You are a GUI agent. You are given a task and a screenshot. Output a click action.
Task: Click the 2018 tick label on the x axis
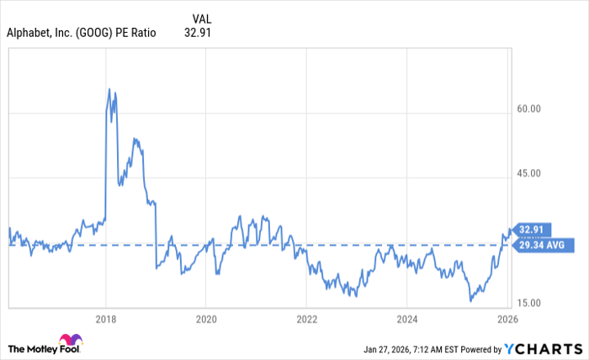(106, 320)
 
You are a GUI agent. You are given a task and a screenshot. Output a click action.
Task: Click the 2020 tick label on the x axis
(206, 320)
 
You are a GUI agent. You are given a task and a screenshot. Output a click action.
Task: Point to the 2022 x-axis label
(306, 320)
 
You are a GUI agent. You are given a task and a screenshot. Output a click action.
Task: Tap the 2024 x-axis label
(406, 320)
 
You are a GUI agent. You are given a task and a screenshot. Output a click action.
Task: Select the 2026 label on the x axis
(506, 320)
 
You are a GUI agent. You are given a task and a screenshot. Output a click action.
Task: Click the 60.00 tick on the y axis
(528, 109)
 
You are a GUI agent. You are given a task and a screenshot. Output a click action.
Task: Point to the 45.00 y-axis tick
(528, 174)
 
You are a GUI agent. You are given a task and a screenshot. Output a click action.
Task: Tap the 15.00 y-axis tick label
(528, 304)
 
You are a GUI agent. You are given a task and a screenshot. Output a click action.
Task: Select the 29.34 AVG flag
(542, 245)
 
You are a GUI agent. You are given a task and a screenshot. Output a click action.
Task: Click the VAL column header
(202, 19)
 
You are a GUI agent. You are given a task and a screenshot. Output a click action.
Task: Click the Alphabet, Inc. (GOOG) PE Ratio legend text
(82, 34)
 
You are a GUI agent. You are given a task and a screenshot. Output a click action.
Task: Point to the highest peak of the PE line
(109, 88)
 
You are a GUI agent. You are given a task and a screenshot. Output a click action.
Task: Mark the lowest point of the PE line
(470, 300)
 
